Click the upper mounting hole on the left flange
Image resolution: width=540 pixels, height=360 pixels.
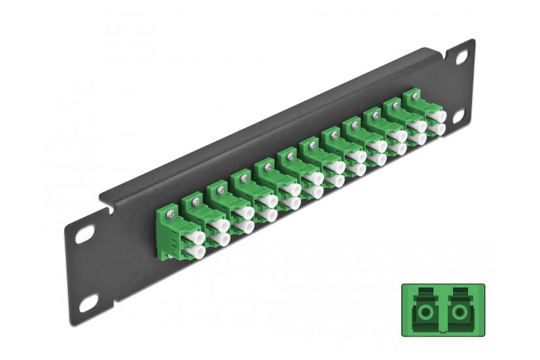tap(85, 233)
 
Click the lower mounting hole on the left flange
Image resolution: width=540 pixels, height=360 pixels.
tap(87, 302)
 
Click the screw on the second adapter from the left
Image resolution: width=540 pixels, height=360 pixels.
tap(195, 199)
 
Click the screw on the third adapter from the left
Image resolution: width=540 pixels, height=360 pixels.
tap(218, 189)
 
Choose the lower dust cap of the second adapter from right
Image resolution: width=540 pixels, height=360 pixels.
tap(416, 139)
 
